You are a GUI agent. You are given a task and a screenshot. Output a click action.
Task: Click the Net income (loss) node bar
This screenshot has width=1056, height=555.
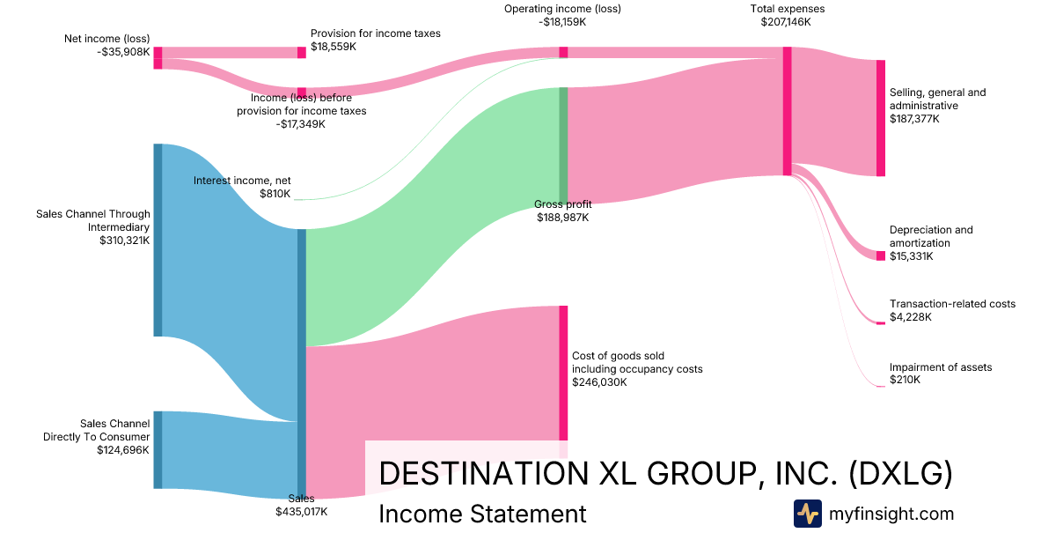coord(158,57)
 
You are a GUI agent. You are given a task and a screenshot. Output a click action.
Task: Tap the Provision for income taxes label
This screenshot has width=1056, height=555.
coord(375,33)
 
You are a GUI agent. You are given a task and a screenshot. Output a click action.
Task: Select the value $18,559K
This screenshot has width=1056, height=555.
coord(334,47)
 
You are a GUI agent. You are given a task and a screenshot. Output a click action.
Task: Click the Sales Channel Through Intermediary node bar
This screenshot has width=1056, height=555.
coord(158,240)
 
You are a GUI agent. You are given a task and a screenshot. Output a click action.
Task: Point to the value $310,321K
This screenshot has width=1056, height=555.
coord(125,239)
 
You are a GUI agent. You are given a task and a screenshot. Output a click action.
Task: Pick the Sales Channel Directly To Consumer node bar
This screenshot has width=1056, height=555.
coord(158,449)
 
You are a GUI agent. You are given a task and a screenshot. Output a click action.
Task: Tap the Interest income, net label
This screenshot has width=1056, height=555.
coord(241,181)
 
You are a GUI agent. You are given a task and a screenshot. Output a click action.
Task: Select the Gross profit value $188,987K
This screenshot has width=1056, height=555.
coord(563,218)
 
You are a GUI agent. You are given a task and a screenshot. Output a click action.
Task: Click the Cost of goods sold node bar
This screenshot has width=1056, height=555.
coord(563,373)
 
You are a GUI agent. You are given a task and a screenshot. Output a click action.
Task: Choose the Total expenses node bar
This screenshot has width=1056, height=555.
coord(787,111)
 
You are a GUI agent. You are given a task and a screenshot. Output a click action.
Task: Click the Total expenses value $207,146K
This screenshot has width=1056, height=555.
coord(786,22)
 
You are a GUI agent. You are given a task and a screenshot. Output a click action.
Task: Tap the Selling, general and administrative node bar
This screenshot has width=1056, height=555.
coord(880,118)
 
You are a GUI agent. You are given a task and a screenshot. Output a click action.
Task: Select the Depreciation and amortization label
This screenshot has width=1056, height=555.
coord(931,236)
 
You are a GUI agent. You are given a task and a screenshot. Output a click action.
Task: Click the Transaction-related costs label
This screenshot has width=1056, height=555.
coord(952,304)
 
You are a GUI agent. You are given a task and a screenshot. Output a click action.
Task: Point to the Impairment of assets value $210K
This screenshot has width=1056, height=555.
coord(905,380)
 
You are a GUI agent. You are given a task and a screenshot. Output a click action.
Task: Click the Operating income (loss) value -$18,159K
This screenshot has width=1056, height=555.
coord(563,22)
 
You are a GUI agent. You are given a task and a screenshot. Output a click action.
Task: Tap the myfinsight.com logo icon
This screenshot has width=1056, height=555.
coord(808,514)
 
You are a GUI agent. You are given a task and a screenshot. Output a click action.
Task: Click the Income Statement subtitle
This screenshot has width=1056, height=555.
coord(482,514)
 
